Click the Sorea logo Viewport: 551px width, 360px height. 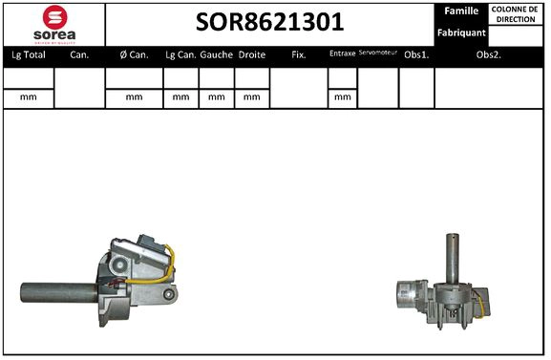click(x=54, y=24)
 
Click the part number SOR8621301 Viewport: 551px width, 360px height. click(x=269, y=22)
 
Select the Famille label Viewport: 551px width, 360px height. click(x=461, y=11)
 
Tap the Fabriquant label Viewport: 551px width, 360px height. click(x=461, y=32)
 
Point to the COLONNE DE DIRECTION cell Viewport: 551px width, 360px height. click(x=515, y=13)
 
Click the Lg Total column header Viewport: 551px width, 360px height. click(x=29, y=55)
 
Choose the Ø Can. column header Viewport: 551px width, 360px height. click(x=134, y=55)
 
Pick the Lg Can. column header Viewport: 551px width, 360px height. click(x=180, y=55)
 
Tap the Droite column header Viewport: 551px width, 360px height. click(x=251, y=55)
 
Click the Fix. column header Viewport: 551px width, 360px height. click(x=298, y=55)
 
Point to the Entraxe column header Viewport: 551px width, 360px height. click(x=342, y=54)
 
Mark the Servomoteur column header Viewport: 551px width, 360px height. click(x=377, y=53)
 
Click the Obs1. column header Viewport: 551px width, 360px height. click(x=415, y=55)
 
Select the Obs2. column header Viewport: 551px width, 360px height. click(x=489, y=55)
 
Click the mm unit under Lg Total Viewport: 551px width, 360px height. click(x=29, y=97)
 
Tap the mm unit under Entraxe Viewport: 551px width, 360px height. click(x=342, y=97)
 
